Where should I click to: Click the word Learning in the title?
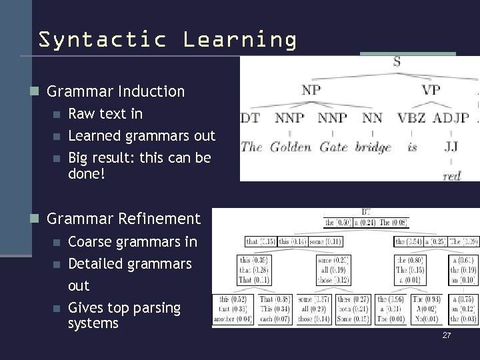(x=241, y=40)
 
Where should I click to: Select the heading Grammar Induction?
(x=116, y=91)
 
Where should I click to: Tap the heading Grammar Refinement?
(x=124, y=218)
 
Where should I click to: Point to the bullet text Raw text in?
(x=105, y=113)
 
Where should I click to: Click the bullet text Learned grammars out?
(x=142, y=136)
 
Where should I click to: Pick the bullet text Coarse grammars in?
(x=133, y=241)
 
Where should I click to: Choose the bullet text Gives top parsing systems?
(x=124, y=315)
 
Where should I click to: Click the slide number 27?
(x=447, y=335)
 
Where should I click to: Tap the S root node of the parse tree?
(x=397, y=63)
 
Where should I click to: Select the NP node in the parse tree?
(x=311, y=89)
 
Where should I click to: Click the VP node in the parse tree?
(x=431, y=89)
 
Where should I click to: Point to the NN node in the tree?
(x=372, y=118)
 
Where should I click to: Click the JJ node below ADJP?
(x=451, y=146)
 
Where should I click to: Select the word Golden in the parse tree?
(x=291, y=147)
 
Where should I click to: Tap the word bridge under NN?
(x=373, y=147)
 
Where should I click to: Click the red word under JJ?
(x=451, y=175)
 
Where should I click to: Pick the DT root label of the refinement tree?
(x=367, y=211)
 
